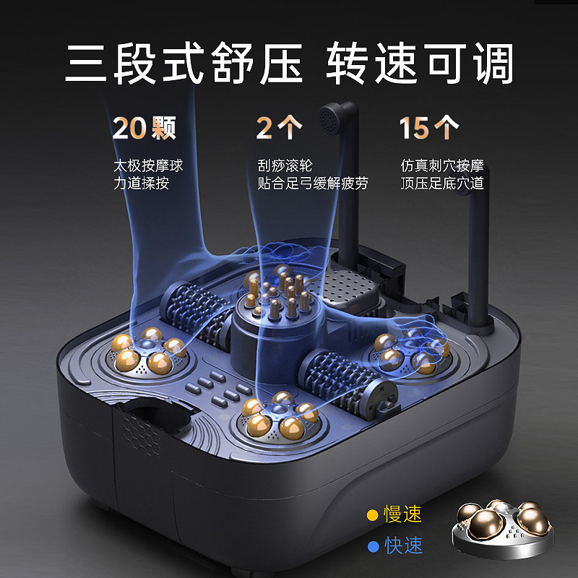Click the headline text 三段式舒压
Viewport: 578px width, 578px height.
click(x=184, y=64)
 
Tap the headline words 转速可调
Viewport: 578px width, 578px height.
click(x=420, y=64)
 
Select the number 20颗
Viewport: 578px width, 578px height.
click(x=144, y=129)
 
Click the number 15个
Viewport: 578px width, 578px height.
click(x=428, y=129)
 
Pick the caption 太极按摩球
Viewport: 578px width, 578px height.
click(x=148, y=166)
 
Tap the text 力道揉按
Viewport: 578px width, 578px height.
click(x=141, y=184)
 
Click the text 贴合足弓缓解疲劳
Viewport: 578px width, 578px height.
click(x=313, y=184)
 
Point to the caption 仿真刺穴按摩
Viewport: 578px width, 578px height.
click(x=443, y=166)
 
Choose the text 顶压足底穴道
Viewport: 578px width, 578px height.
click(x=443, y=184)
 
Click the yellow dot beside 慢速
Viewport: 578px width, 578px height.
click(x=373, y=515)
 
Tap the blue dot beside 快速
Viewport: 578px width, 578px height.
click(x=373, y=546)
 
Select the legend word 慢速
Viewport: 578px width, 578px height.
click(x=403, y=515)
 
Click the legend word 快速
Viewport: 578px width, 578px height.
click(x=403, y=546)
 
